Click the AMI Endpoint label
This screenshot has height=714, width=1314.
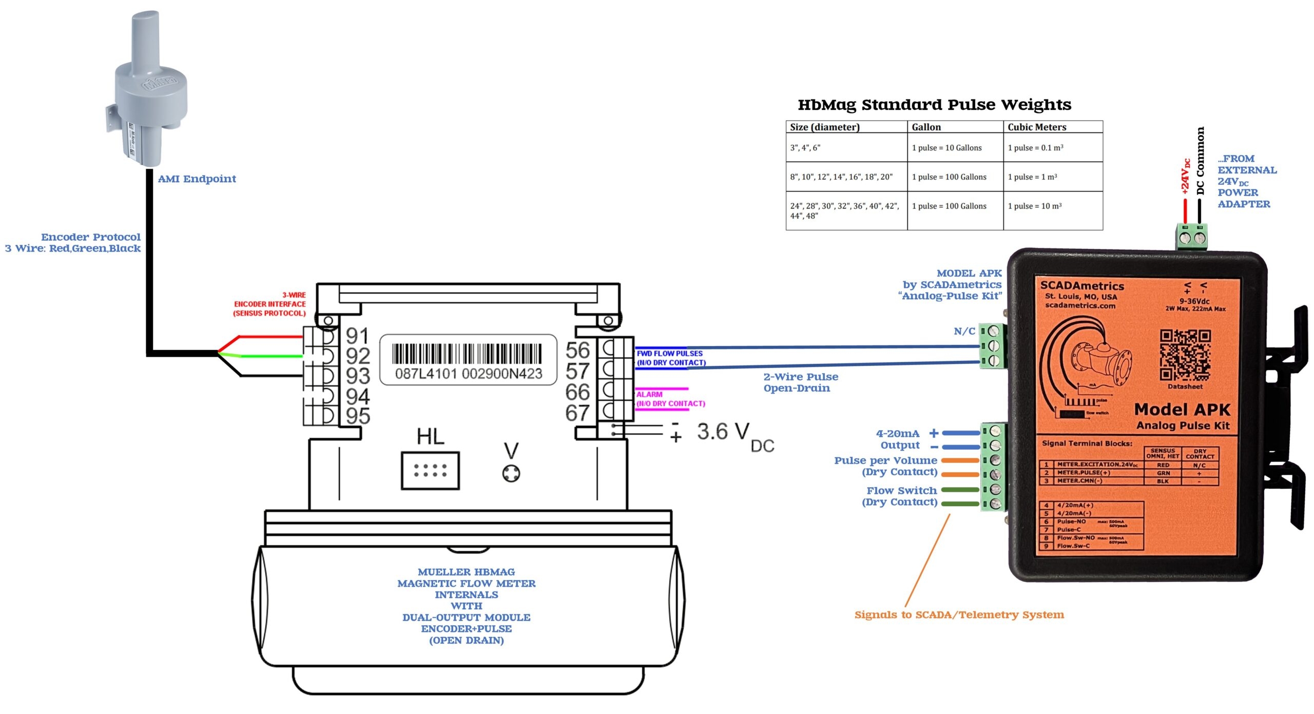coord(197,179)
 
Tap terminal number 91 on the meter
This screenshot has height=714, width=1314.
coord(357,336)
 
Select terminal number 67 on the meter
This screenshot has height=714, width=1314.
coord(577,413)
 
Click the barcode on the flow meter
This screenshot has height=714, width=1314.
coord(467,355)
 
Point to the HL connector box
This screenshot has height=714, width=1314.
coord(430,470)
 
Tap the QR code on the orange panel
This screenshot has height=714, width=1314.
coord(1185,355)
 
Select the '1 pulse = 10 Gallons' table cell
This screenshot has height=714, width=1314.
coord(946,148)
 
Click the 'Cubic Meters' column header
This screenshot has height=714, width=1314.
coord(1036,127)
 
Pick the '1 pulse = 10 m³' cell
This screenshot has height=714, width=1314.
coord(1034,206)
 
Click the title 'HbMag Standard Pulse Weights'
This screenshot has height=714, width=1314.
coord(934,105)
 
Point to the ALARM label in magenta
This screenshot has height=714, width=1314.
coord(649,394)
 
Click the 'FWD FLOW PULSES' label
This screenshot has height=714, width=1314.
coord(669,353)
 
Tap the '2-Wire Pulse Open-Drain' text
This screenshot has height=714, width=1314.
coord(800,382)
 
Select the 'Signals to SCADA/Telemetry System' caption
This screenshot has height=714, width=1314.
coord(959,614)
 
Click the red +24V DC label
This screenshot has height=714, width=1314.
coord(1185,177)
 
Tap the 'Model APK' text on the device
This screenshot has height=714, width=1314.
coord(1182,410)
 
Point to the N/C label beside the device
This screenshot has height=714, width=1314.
coord(964,331)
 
